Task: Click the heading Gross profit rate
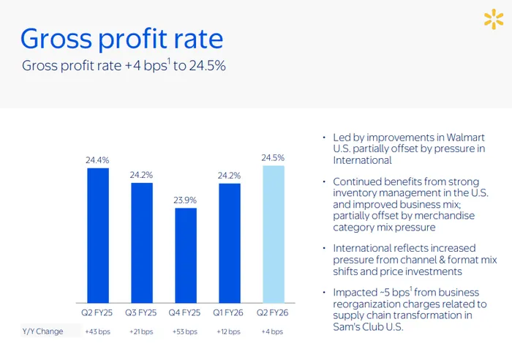pos(121,38)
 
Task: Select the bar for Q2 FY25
pos(98,236)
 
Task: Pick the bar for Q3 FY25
pos(142,243)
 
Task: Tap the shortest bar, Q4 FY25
pos(186,255)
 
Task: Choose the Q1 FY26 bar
pos(230,243)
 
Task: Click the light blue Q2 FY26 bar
pos(273,234)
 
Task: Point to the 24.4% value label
pos(98,160)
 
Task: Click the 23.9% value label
pos(186,200)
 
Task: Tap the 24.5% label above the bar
pos(273,157)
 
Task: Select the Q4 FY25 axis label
pos(186,312)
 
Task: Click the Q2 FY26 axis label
pos(273,312)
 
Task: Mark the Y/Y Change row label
pos(42,331)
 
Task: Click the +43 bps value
pos(98,331)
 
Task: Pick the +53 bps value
pos(186,331)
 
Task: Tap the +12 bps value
pos(230,331)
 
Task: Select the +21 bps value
pos(142,331)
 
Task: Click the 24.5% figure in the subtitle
pos(208,66)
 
